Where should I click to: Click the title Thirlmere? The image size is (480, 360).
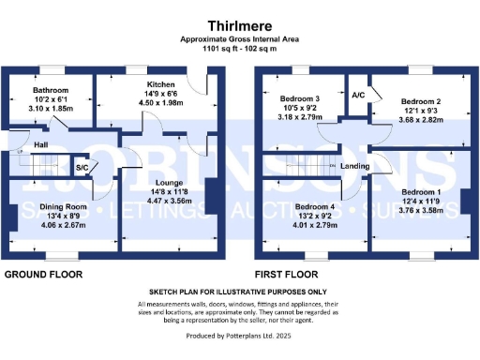tap(239, 24)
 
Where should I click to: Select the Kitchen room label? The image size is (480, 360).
tap(136, 70)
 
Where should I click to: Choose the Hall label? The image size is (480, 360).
tap(41, 145)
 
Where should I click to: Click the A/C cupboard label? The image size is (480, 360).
tap(358, 96)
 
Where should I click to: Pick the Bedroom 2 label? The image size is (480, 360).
tap(421, 99)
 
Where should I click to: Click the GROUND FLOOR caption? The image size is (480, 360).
tap(43, 275)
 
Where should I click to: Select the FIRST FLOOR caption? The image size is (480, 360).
tap(292, 275)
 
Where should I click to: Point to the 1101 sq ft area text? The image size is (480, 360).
tap(239, 48)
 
